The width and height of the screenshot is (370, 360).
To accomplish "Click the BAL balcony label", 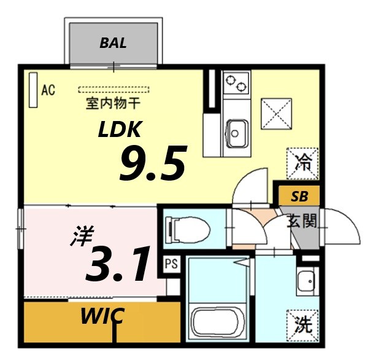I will click(114, 44).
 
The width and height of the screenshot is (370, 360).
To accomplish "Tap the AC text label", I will click(48, 91).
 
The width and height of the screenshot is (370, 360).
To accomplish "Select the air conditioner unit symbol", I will click(33, 91).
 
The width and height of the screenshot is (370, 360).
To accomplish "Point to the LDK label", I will click(121, 129).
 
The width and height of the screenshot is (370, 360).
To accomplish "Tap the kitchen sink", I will click(236, 130).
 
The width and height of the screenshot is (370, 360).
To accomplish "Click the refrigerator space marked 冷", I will click(303, 163).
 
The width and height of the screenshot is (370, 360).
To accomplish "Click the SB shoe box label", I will click(299, 197).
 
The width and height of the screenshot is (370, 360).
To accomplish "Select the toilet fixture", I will click(189, 230).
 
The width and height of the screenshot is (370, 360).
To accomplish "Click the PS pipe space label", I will click(171, 265).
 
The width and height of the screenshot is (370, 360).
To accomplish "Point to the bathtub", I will click(218, 320).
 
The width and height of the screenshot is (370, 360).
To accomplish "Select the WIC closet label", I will click(102, 317).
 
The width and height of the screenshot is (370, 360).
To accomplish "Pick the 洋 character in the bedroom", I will click(77, 237).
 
